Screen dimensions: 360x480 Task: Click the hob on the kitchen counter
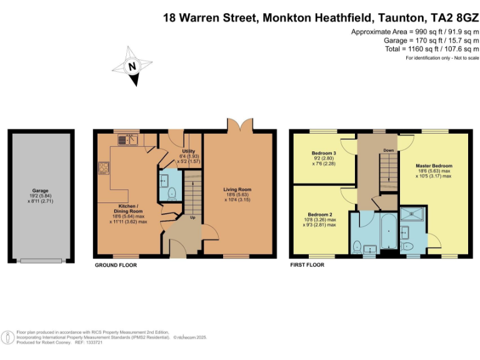pyautogui.click(x=103, y=167)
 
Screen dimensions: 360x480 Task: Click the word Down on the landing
pyautogui.click(x=388, y=150)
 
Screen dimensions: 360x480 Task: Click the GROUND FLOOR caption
pyautogui.click(x=116, y=265)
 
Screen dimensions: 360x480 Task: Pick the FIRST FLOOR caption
pyautogui.click(x=307, y=265)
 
